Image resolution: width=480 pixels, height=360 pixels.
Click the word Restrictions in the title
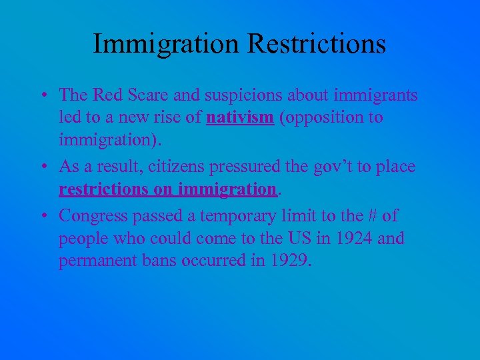tap(317, 44)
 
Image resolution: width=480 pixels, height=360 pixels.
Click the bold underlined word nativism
tap(240, 118)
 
